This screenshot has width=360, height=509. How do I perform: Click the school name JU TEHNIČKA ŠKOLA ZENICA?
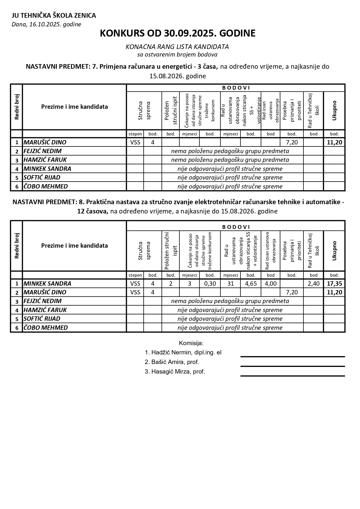(54, 16)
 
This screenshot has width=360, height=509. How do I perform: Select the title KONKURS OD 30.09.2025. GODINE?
(178, 33)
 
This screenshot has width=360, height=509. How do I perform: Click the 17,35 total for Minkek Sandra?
(334, 284)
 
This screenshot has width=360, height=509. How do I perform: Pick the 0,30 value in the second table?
(210, 284)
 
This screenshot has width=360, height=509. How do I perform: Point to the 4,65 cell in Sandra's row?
(251, 284)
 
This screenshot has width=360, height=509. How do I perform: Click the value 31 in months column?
(230, 284)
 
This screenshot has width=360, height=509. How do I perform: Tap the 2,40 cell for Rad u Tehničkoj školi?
(313, 284)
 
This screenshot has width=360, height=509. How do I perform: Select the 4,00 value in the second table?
(270, 284)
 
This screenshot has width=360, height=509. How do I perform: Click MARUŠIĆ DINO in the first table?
(45, 142)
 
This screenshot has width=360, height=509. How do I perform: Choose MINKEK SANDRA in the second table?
(47, 284)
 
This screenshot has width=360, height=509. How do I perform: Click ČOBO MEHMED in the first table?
(46, 186)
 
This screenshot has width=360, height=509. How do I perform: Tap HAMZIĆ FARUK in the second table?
(45, 310)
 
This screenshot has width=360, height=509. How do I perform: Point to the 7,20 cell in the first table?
(292, 142)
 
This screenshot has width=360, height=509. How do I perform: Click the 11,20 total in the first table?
(334, 142)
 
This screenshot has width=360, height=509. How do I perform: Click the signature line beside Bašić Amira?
(292, 366)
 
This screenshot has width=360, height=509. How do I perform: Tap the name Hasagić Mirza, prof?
(175, 372)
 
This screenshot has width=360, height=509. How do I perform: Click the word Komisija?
(191, 343)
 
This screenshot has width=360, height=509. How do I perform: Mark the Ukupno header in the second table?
(334, 251)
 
